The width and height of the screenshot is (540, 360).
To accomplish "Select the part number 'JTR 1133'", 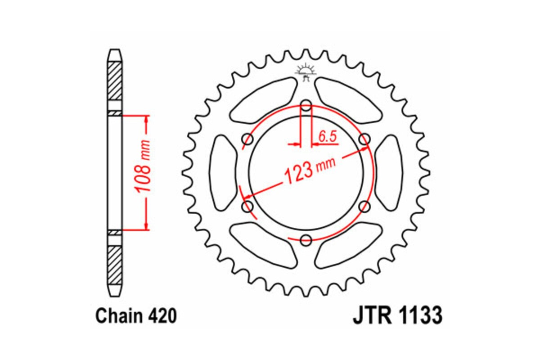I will (x=397, y=316).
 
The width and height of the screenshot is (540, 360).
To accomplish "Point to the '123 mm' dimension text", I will (x=309, y=171).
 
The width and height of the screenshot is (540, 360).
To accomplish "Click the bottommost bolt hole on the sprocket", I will (x=306, y=239).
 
